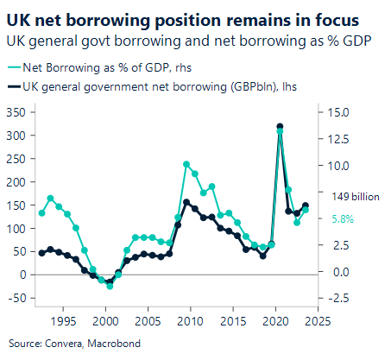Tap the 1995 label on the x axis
63,321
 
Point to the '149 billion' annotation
354,197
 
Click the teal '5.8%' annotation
343,218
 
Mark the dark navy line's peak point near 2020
280,127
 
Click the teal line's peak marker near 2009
186,164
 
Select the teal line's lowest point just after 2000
110,286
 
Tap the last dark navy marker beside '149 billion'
306,205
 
